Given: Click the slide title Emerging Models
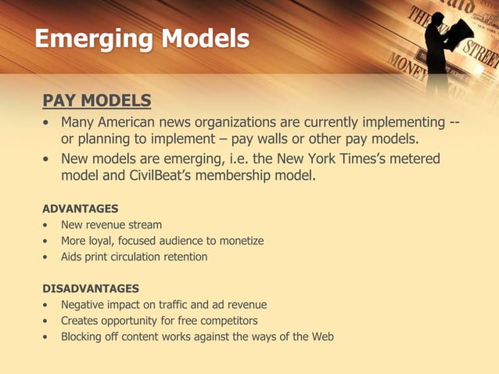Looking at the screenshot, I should (142, 38).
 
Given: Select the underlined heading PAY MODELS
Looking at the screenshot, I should (96, 101).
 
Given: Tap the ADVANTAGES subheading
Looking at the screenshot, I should (80, 208).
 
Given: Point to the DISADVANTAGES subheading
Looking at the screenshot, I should (91, 288).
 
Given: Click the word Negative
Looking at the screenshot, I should (85, 305).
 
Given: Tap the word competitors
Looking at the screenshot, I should (228, 321).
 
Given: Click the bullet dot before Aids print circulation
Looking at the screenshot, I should (48, 257).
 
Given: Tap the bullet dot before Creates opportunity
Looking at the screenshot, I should (48, 321).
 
